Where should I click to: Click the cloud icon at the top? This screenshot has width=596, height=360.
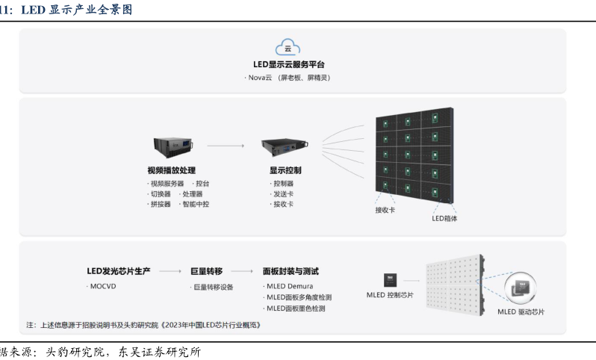coord(288,48)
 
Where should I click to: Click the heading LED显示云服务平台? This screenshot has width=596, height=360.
coord(288,65)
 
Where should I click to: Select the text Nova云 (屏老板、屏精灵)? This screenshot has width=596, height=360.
coord(288,77)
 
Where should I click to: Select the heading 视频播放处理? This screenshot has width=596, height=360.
coord(172,170)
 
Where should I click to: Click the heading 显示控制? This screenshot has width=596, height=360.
coord(285,170)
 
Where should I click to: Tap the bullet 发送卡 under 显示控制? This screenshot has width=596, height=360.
coord(282,193)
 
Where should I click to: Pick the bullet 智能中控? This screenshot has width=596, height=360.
coord(195,204)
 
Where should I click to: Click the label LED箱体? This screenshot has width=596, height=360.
coord(444,219)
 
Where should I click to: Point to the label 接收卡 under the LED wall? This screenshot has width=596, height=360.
coord(385,210)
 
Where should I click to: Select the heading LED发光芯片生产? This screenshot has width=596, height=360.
coord(119,271)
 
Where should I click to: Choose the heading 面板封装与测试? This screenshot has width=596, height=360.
coord(296,271)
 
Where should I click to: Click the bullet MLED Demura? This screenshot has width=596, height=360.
coord(289,286)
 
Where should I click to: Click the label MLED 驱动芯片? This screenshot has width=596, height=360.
coord(521,311)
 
